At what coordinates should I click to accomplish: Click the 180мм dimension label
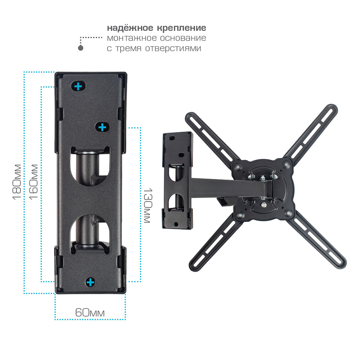[17, 182]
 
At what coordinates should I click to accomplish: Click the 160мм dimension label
[33, 182]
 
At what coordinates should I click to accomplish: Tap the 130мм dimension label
[148, 206]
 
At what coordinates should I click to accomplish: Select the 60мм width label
[90, 312]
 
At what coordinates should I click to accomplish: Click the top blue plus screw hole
[78, 86]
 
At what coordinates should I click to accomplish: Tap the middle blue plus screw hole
[102, 127]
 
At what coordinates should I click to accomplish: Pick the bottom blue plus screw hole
[90, 282]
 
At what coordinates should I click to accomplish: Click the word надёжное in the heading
[130, 28]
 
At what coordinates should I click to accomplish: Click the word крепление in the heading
[181, 28]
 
